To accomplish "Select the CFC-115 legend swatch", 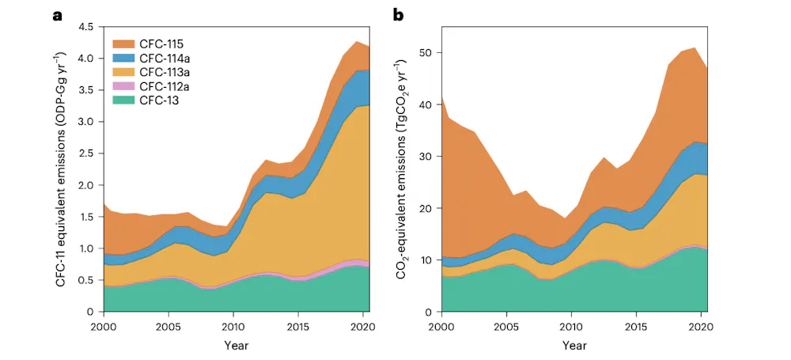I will [x=125, y=44].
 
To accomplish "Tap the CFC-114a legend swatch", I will [x=125, y=58].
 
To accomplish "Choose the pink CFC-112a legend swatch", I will [x=125, y=86].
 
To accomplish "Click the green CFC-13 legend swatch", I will [x=125, y=100].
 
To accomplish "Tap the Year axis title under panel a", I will [x=233, y=346].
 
